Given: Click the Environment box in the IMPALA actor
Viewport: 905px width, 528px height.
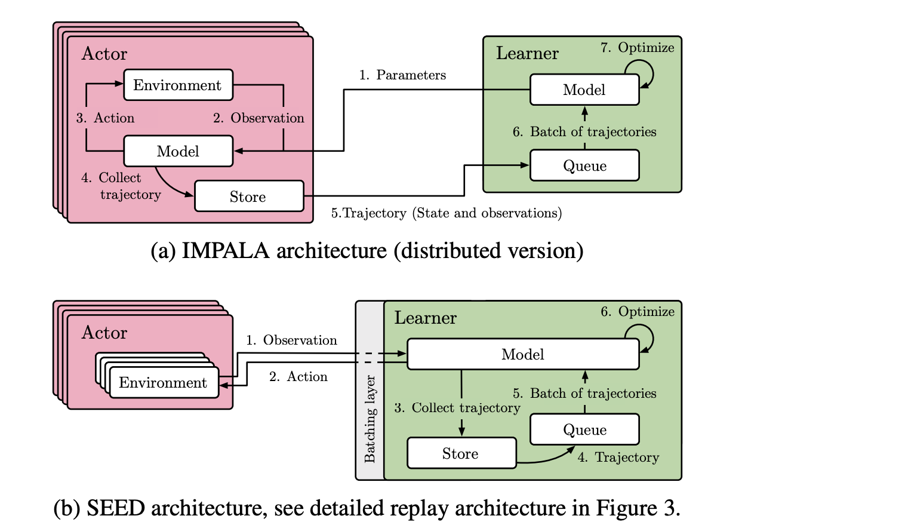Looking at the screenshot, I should tap(178, 85).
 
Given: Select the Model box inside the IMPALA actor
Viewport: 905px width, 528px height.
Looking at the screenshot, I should tap(178, 151).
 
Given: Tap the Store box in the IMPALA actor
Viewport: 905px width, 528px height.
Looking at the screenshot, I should tap(248, 197).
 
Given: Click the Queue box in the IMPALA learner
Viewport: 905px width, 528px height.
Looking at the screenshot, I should tap(584, 165).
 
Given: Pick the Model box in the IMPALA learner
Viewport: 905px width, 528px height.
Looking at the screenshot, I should tap(584, 90).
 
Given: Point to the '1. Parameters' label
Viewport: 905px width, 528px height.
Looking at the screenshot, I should tap(402, 75).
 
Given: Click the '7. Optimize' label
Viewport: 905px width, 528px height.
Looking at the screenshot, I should tap(637, 48).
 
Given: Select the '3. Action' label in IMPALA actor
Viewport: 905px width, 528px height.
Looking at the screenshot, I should tap(105, 118).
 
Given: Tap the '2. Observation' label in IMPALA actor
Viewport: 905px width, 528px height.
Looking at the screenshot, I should tap(258, 118).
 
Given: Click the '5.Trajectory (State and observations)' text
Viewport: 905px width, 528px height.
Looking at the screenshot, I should tap(447, 213).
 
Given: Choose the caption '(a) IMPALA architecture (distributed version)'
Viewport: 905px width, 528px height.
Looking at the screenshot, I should tap(367, 251).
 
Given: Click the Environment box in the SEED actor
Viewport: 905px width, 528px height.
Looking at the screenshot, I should tap(163, 382).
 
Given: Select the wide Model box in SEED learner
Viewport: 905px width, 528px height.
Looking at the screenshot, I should tap(522, 354).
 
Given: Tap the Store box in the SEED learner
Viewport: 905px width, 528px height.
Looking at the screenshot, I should tap(461, 453).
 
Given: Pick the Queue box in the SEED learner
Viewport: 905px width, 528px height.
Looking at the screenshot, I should tap(584, 429).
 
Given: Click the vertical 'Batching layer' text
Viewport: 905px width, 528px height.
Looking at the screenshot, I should tap(370, 419).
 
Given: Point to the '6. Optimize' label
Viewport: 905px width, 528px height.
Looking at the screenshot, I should tap(637, 312).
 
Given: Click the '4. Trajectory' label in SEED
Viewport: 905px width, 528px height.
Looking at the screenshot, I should tap(618, 458).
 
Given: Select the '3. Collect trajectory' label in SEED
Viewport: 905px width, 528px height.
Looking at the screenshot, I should tap(457, 408).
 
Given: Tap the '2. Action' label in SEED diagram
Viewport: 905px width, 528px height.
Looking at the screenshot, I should tap(298, 377).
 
